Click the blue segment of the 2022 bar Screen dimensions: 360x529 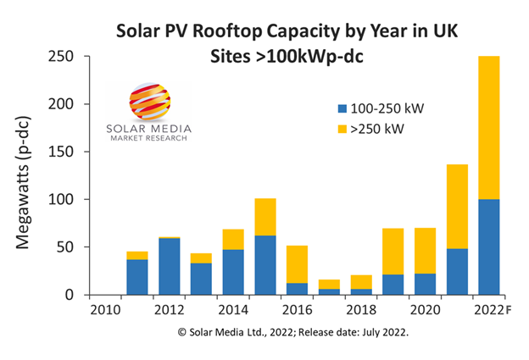488,246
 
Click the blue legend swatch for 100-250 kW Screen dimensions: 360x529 342,109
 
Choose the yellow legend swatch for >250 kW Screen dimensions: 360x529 342,129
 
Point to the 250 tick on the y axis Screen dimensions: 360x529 79,57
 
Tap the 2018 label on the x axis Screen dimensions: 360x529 362,309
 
